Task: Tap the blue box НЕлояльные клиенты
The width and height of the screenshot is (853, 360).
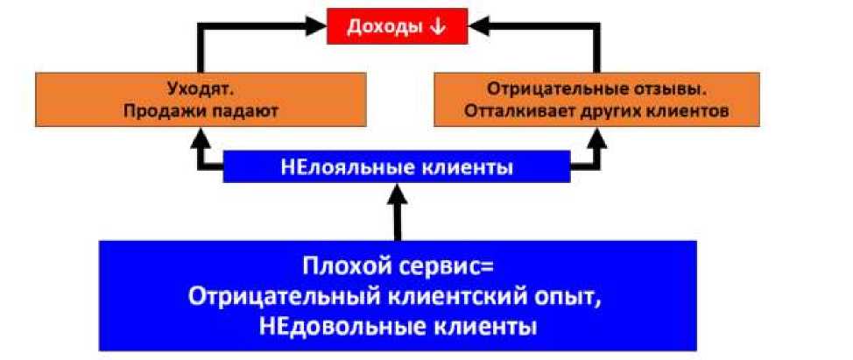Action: (x=396, y=166)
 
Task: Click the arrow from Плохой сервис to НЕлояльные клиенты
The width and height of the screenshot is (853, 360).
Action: (x=398, y=215)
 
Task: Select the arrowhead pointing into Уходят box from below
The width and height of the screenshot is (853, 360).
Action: (x=201, y=135)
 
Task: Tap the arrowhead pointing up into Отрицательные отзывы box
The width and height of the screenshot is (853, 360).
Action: (x=598, y=135)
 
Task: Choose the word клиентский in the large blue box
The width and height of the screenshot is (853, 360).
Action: (x=451, y=296)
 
